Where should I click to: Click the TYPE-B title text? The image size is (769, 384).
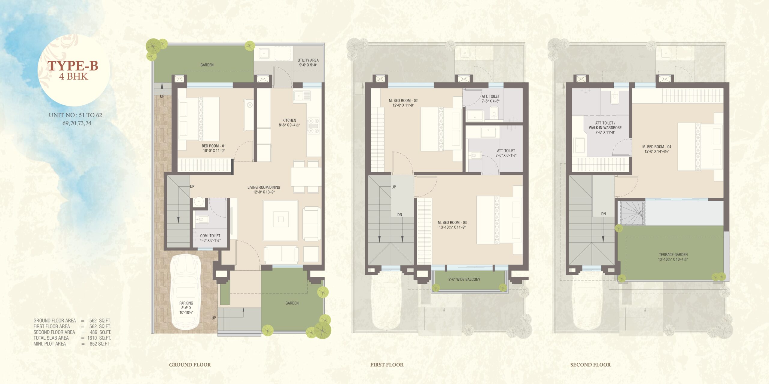coord(73,66)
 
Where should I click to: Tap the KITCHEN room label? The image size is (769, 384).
coord(289,120)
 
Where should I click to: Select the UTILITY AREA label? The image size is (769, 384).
coord(308,60)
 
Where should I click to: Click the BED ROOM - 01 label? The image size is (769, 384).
coord(214,146)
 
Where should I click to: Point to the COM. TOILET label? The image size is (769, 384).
coord(210,236)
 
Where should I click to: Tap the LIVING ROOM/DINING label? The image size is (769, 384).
coord(264,187)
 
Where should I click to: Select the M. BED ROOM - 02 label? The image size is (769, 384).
coord(403,100)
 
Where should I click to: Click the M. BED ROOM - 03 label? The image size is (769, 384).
coord(452,223)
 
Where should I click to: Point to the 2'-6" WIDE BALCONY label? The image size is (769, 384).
coord(464,280)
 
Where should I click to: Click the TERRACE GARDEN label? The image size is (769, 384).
coord(673,255)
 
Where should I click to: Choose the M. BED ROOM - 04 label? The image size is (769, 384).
coord(657,147)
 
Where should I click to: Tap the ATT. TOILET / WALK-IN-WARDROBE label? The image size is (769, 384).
coord(605,125)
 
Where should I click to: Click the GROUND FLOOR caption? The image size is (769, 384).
coord(190,365)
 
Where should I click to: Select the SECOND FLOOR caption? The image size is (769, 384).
coord(591,365)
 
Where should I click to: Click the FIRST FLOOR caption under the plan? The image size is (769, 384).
coord(387,365)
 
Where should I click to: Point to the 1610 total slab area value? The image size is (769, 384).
coord(92,338)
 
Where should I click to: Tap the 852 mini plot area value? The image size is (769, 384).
coord(93,344)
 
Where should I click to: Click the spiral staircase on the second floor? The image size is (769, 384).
coord(633,213)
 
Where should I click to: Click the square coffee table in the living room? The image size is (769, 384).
coord(281,220)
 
